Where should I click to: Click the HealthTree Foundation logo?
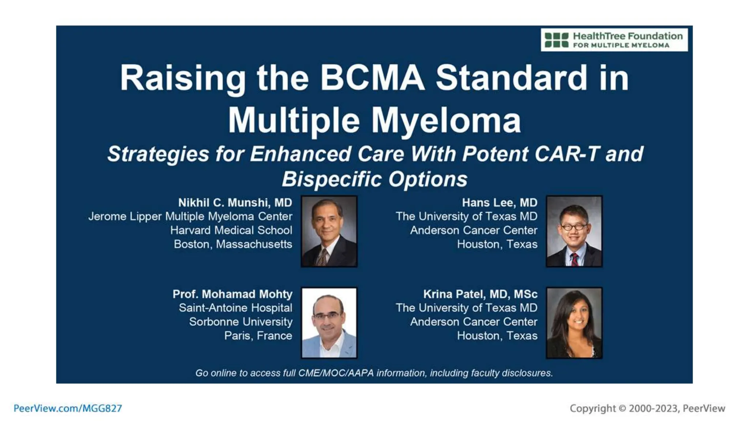[x=614, y=40]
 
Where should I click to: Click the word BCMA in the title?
[x=372, y=78]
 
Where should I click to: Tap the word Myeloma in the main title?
[x=446, y=120]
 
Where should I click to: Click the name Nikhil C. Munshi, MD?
[x=235, y=202]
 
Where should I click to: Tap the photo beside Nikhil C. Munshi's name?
[x=329, y=231]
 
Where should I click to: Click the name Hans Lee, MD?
[x=500, y=202]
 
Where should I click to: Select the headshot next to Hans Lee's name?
[x=574, y=231]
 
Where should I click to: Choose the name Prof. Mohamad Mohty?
[x=233, y=294]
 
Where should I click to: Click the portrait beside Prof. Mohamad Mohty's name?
[x=329, y=323]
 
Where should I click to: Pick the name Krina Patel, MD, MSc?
[x=480, y=294]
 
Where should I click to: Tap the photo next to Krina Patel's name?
[x=574, y=323]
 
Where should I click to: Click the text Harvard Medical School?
[x=231, y=230]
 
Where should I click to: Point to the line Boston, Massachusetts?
[x=233, y=244]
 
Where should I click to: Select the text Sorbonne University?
[x=241, y=322]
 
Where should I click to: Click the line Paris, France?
[x=258, y=335]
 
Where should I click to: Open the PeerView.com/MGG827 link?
[x=68, y=408]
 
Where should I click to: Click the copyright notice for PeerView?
[x=647, y=408]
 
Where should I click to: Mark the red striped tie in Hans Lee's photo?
[x=575, y=259]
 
